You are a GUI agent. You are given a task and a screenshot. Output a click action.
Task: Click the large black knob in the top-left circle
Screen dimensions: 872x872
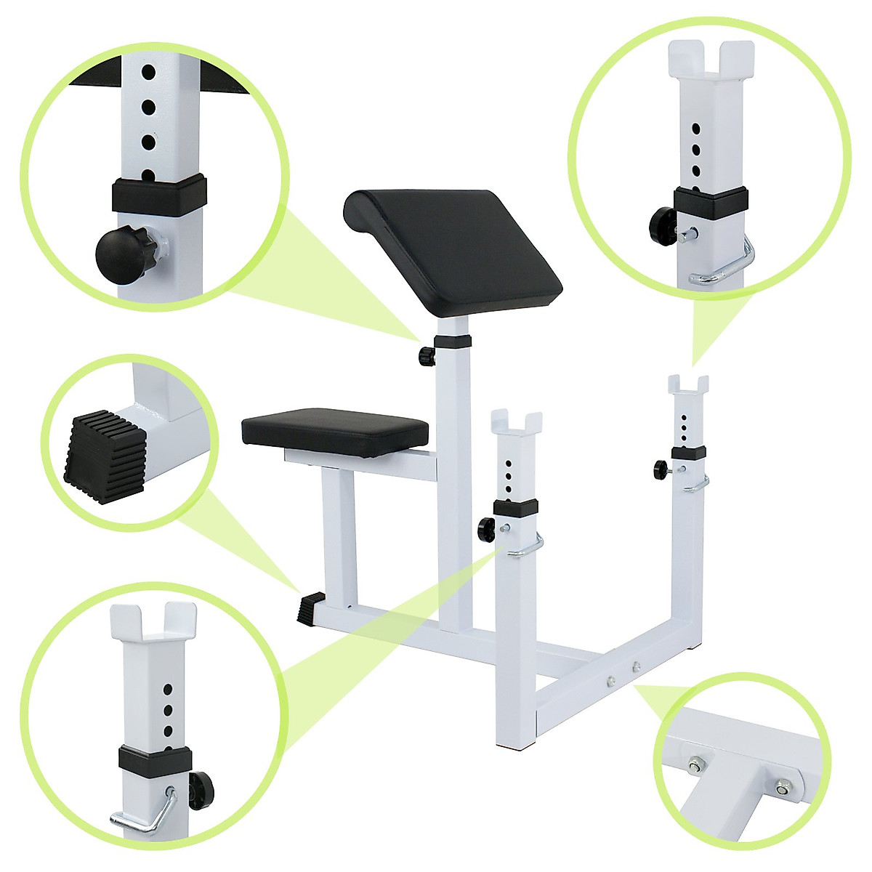click(x=123, y=253)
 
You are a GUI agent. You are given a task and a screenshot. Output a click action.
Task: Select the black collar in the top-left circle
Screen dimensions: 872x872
click(x=158, y=193)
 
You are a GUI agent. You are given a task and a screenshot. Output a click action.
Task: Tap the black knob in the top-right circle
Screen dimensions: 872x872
click(x=663, y=219)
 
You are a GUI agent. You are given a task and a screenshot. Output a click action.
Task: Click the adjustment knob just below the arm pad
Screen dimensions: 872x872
click(x=426, y=355)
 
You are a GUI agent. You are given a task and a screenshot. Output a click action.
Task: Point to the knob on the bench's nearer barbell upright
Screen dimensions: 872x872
click(x=485, y=528)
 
